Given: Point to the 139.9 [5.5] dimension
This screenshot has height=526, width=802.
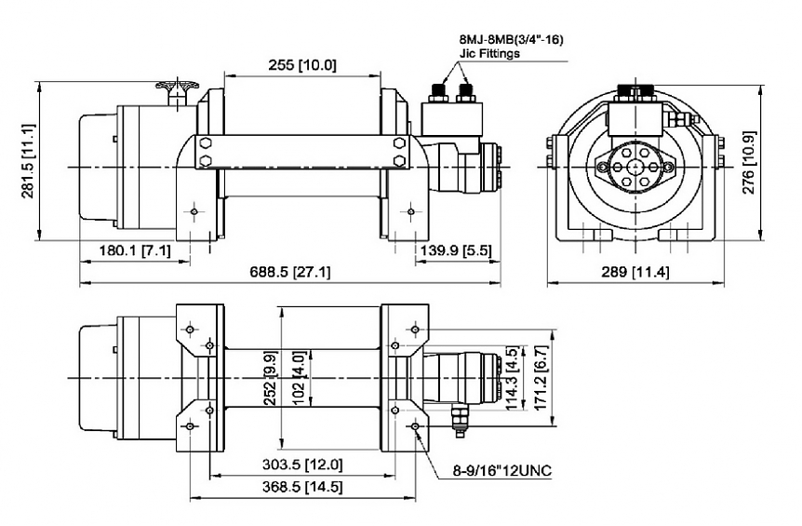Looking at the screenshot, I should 456,250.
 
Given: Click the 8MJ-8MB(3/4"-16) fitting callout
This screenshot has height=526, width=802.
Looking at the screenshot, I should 512,40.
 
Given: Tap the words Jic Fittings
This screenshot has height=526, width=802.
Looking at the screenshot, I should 489,54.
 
